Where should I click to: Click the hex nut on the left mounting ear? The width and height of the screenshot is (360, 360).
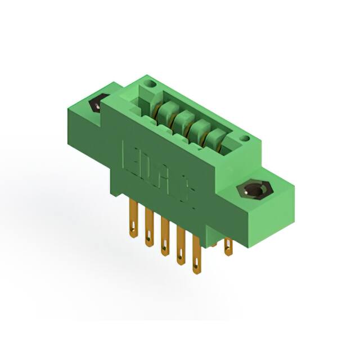tap(97, 105)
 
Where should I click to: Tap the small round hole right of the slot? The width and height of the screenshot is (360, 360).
tap(245, 138)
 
